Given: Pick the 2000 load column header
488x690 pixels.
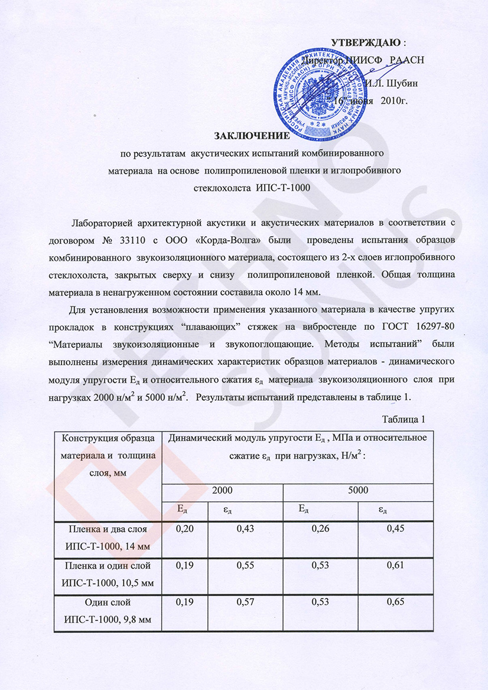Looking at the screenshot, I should [x=222, y=489].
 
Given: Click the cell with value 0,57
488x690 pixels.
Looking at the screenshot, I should [x=245, y=603].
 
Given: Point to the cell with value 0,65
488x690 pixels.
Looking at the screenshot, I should [x=395, y=603].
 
